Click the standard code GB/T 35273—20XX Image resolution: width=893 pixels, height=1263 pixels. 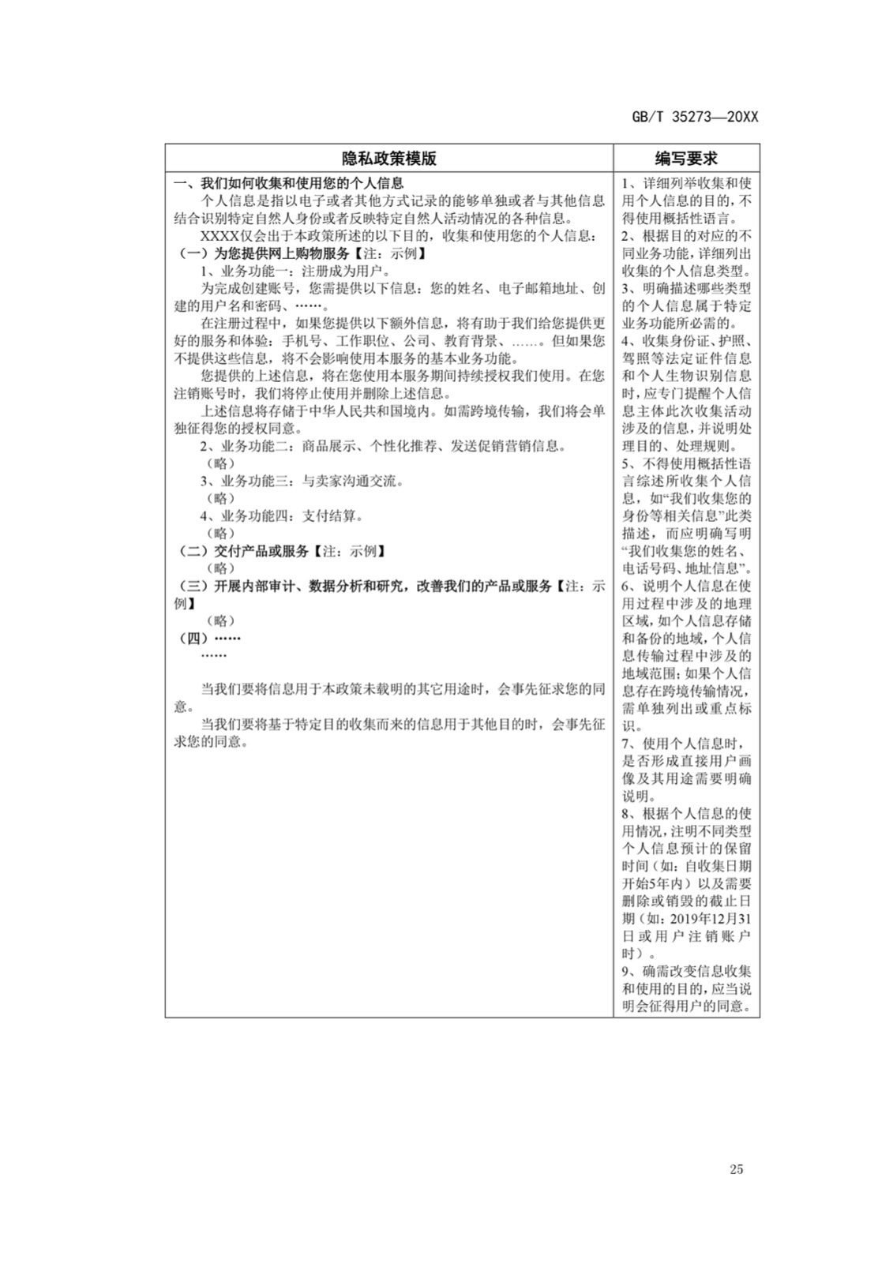(x=695, y=117)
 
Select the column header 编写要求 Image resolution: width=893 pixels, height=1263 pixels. (x=686, y=158)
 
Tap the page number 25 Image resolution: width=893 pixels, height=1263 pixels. (x=736, y=1169)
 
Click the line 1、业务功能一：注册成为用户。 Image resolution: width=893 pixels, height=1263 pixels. (x=295, y=271)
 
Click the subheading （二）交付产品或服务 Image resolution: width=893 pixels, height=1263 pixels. (x=280, y=551)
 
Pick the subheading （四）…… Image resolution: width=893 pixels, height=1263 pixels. (x=209, y=638)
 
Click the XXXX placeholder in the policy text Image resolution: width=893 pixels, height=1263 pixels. (x=217, y=236)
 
